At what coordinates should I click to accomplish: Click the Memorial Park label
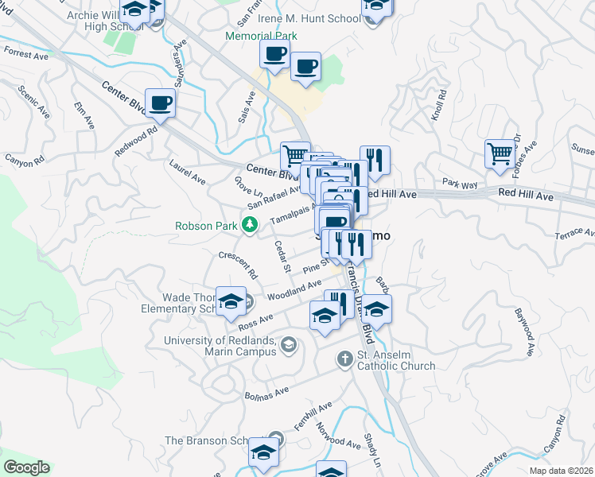click(x=261, y=36)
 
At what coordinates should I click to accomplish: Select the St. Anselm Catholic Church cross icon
click(x=344, y=359)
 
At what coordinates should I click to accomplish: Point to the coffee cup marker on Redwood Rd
click(x=160, y=103)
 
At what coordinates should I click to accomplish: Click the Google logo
click(x=25, y=467)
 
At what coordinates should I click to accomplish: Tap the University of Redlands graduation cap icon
click(x=288, y=345)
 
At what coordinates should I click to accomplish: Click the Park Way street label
click(x=460, y=184)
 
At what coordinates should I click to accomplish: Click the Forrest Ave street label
click(x=25, y=53)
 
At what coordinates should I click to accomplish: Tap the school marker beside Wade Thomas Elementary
click(x=231, y=301)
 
